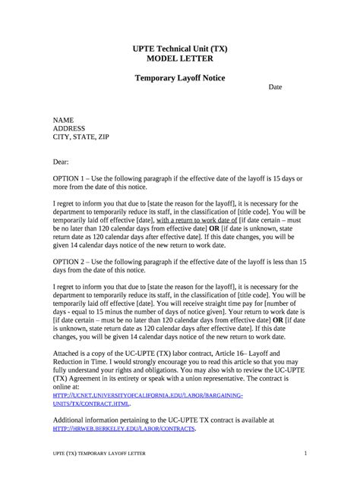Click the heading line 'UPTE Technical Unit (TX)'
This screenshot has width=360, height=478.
click(x=180, y=49)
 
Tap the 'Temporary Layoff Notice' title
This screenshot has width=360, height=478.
click(x=180, y=78)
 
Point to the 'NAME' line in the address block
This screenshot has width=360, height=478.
click(x=63, y=121)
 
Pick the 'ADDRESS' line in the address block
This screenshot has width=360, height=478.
click(x=69, y=129)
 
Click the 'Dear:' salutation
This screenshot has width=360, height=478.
click(x=60, y=162)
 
